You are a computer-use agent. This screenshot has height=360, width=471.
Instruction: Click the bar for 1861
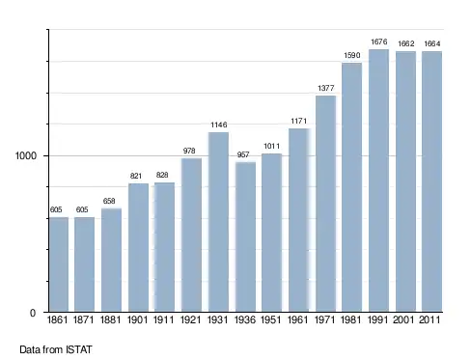pyautogui.click(x=59, y=264)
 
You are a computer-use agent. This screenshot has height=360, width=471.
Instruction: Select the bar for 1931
pyautogui.click(x=218, y=222)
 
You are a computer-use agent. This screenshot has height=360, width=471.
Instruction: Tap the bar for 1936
pyautogui.click(x=245, y=236)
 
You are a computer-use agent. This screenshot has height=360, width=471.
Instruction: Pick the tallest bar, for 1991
pyautogui.click(x=378, y=180)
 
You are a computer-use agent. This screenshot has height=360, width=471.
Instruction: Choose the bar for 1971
pyautogui.click(x=325, y=204)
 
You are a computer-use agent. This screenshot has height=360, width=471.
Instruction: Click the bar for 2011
pyautogui.click(x=431, y=181)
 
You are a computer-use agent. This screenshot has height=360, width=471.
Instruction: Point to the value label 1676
pyautogui.click(x=379, y=42)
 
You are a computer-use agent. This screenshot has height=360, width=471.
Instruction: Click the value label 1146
pyautogui.click(x=219, y=125)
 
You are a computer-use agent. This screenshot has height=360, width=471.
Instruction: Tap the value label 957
pyautogui.click(x=243, y=154)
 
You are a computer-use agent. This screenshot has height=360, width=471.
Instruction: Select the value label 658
pyautogui.click(x=109, y=201)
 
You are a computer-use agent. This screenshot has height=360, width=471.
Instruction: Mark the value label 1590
pyautogui.click(x=352, y=55)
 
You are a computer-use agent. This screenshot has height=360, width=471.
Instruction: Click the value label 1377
pyautogui.click(x=326, y=88)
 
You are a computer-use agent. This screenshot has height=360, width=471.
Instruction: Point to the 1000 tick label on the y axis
pyautogui.click(x=26, y=155)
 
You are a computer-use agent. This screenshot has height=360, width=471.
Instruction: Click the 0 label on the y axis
pyautogui.click(x=33, y=313)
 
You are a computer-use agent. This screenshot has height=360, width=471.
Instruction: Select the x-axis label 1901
pyautogui.click(x=137, y=319)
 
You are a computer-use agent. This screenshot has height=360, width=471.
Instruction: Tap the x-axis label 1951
pyautogui.click(x=270, y=319)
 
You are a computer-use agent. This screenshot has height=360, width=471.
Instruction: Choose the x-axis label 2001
pyautogui.click(x=403, y=319)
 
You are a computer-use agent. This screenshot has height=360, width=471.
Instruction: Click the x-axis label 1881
pyautogui.click(x=110, y=319)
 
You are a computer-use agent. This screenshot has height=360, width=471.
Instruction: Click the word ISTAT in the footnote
pyautogui.click(x=79, y=349)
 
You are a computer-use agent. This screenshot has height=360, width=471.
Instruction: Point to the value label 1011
pyautogui.click(x=272, y=147)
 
